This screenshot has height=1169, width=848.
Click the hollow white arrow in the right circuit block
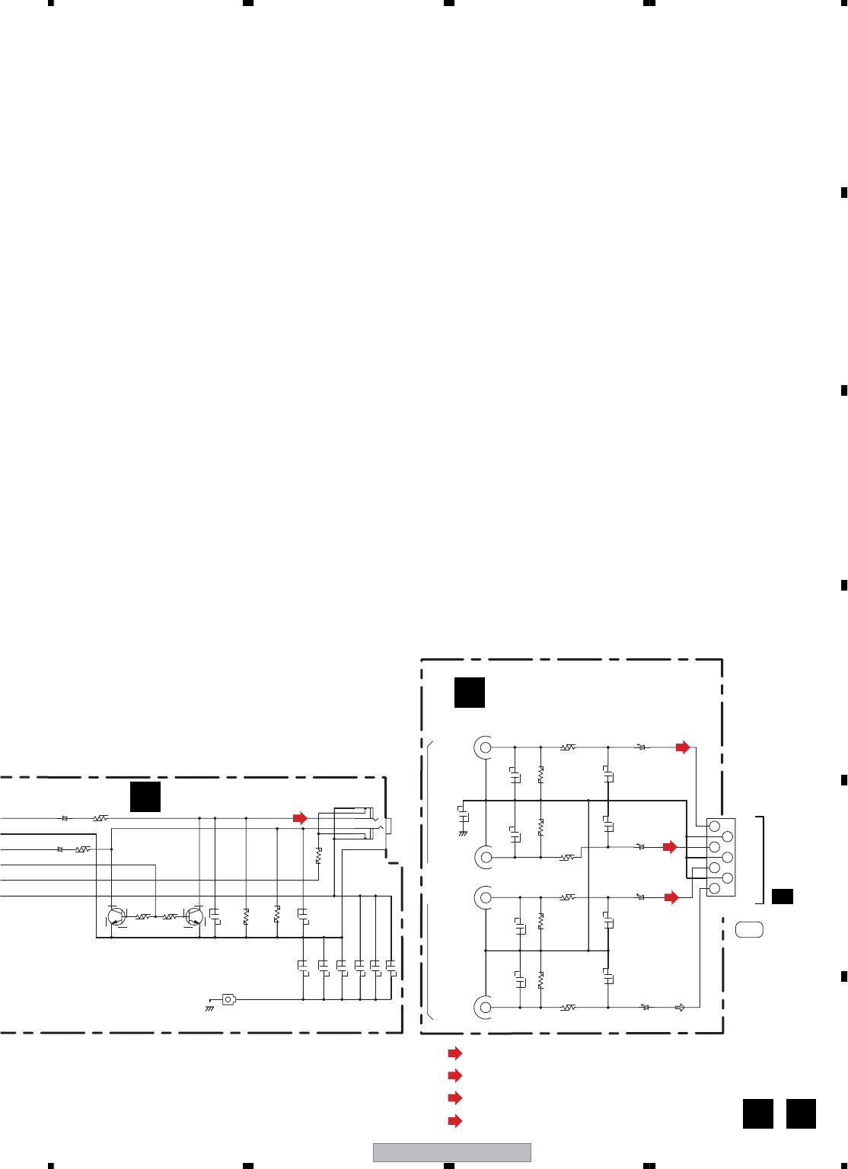(680, 1008)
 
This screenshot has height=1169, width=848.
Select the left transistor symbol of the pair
(116, 917)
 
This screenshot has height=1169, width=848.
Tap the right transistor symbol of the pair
(194, 917)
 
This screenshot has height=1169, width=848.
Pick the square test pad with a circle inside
(228, 999)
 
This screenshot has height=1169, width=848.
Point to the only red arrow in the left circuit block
(300, 818)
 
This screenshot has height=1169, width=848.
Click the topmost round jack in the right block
(485, 747)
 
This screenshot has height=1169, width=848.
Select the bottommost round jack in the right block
(485, 1008)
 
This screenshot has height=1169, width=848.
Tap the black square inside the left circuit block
(145, 796)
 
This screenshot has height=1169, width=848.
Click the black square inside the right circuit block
(469, 692)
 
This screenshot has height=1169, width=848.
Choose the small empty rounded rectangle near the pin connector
(749, 929)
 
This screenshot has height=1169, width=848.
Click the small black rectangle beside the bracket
(782, 897)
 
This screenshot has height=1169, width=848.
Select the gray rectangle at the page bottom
(451, 1152)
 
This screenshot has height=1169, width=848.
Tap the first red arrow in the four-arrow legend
(455, 1053)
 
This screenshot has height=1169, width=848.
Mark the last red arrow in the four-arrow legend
(455, 1120)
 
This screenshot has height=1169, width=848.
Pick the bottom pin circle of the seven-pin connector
(715, 888)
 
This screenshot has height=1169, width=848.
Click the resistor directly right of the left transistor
(142, 917)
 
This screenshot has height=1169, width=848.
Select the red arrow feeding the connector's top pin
(683, 747)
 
